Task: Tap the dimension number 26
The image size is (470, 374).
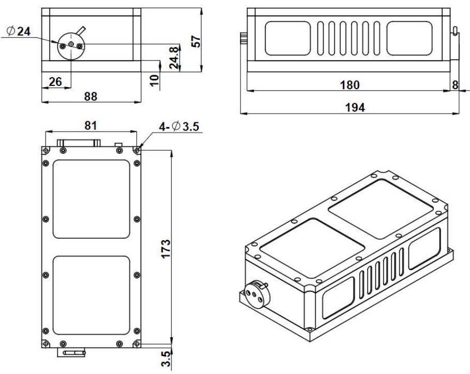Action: click(x=55, y=81)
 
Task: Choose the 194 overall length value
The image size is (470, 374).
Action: click(x=355, y=107)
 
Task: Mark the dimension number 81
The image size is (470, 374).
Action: click(x=90, y=126)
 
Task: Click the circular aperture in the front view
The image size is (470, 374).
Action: click(x=70, y=45)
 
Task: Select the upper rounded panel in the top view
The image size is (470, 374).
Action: click(x=91, y=199)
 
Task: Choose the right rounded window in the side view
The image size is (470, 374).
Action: click(x=409, y=39)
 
